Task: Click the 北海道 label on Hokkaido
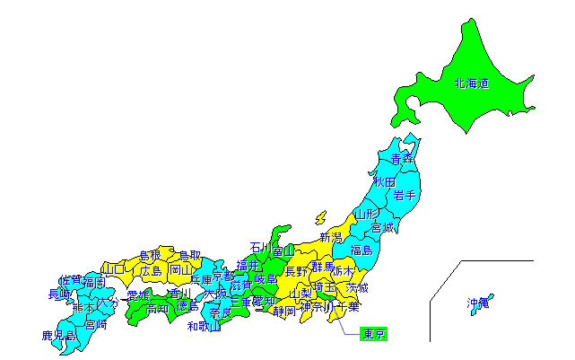pos(472,84)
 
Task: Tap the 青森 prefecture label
pos(403,159)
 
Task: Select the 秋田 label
pos(385,181)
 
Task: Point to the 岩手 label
pos(405,195)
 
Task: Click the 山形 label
pos(366,215)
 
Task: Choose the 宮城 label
pos(383,228)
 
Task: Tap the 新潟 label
pos(330,238)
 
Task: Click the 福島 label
pos(362,250)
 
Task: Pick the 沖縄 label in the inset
pos(478,303)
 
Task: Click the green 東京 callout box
pos(373,335)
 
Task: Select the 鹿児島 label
pos(58,336)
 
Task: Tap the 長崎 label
pos(59,294)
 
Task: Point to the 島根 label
pos(150,256)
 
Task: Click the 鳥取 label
pos(189,256)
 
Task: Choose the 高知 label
pos(158,308)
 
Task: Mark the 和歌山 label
pos(204,326)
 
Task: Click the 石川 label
pos(261,247)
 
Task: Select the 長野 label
pos(296,271)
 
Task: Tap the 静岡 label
pos(284,312)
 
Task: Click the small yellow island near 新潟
pos(319,218)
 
